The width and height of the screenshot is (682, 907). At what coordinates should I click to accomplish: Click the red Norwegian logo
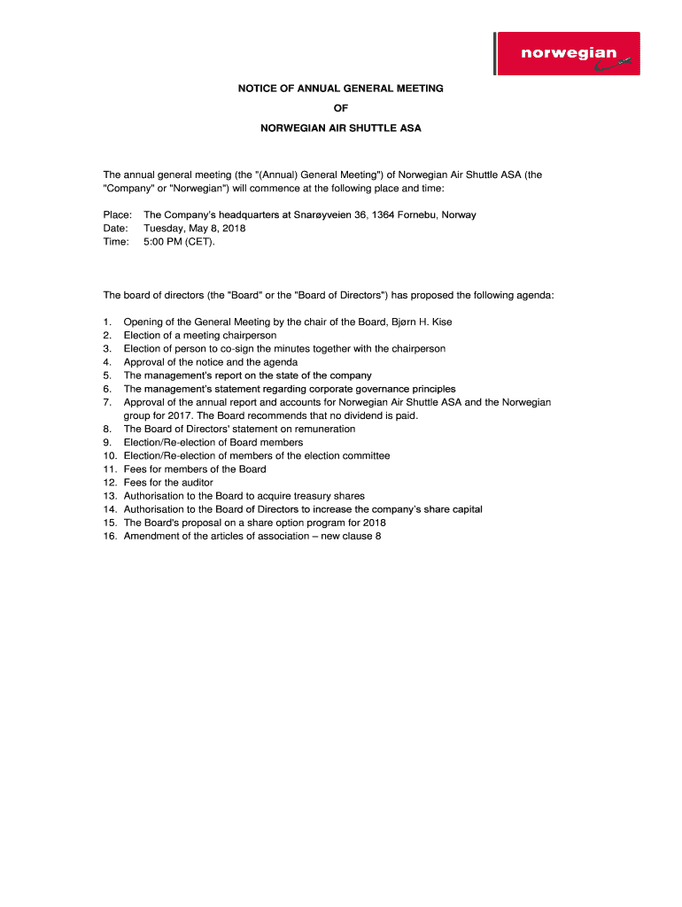568,54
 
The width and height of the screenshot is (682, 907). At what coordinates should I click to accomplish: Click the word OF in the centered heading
340,108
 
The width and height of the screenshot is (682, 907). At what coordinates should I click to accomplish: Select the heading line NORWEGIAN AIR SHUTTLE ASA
340,128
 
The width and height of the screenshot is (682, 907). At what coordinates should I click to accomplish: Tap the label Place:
118,215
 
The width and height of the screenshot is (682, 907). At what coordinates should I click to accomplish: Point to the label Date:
117,229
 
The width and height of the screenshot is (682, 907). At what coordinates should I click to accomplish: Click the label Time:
117,242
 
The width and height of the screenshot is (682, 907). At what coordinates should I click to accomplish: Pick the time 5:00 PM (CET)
179,242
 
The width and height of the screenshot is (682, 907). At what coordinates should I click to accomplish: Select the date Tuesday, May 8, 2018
195,229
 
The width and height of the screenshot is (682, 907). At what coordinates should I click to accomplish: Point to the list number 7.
107,402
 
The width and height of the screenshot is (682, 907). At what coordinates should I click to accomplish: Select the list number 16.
110,536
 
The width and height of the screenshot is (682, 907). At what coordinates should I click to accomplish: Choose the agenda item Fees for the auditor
168,483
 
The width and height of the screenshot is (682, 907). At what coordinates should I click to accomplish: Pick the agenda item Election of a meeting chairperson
200,336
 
